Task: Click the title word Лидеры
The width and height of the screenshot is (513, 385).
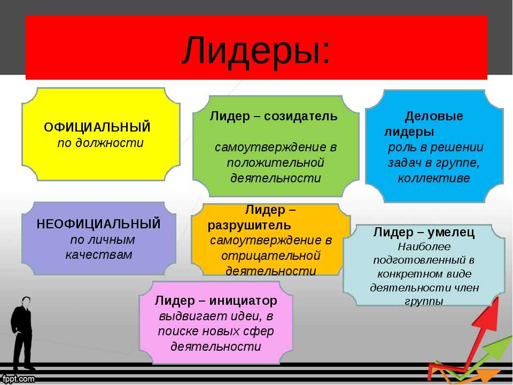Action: tap(252, 51)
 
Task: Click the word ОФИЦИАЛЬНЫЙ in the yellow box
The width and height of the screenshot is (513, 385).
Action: tap(97, 127)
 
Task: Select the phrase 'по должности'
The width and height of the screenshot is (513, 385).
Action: tap(100, 143)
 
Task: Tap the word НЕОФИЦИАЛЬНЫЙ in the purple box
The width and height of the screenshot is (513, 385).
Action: tap(99, 224)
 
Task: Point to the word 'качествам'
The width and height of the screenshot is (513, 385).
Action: tap(99, 255)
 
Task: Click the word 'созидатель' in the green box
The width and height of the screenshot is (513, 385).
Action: tap(300, 116)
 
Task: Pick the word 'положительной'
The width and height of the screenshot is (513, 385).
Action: tap(276, 163)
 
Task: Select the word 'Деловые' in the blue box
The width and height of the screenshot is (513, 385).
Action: tap(434, 116)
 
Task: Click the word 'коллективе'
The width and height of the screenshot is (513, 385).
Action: tap(434, 178)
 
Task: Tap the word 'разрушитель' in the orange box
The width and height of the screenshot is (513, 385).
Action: tap(250, 225)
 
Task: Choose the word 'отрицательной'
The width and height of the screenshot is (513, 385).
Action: tap(270, 256)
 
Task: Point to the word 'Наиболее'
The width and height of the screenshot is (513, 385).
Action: tap(424, 247)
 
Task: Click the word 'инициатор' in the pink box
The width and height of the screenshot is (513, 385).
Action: tap(243, 301)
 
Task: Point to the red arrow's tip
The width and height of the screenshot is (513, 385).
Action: tap(498, 298)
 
